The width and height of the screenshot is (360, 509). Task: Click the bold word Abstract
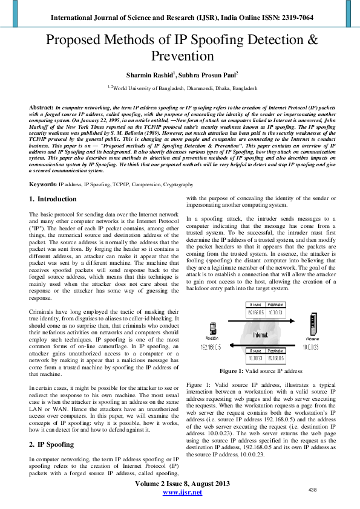(x=41, y=106)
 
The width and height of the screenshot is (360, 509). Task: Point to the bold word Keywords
(x=43, y=184)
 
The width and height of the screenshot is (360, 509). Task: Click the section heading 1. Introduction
(x=53, y=199)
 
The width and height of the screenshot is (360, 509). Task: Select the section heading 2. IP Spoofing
(x=53, y=444)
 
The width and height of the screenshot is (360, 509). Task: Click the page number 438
(x=313, y=489)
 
